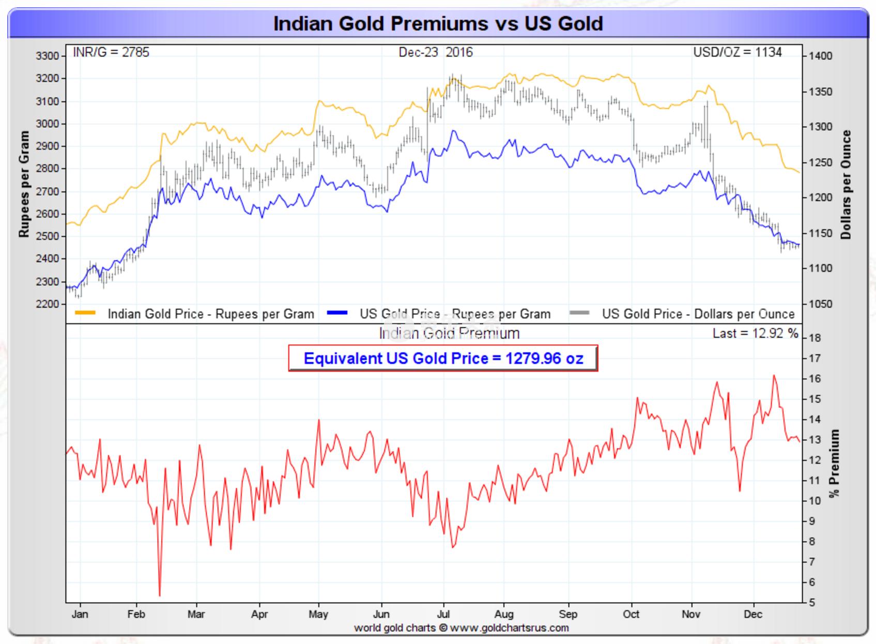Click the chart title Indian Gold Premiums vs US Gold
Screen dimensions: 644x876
tap(438, 24)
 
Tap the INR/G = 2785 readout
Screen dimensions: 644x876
tap(111, 52)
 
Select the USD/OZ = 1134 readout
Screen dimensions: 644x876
tap(737, 52)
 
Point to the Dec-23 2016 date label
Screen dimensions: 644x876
tap(435, 52)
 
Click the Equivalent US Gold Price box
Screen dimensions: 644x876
tap(443, 358)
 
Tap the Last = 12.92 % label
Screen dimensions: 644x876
tap(755, 333)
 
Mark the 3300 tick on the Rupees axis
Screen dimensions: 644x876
tap(48, 56)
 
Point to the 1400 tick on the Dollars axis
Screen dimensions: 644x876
tap(821, 56)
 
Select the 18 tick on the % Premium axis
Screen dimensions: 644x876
tap(814, 338)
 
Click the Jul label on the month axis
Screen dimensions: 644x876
tap(443, 614)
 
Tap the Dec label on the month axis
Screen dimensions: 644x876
tap(753, 614)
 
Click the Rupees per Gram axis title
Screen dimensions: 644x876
tap(24, 184)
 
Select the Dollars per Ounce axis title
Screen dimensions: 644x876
tap(846, 185)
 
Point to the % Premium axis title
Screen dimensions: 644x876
tap(834, 463)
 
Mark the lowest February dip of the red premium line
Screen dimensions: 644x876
tap(160, 595)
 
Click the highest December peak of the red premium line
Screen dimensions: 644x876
tap(774, 376)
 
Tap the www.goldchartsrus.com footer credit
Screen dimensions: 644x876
tap(509, 628)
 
